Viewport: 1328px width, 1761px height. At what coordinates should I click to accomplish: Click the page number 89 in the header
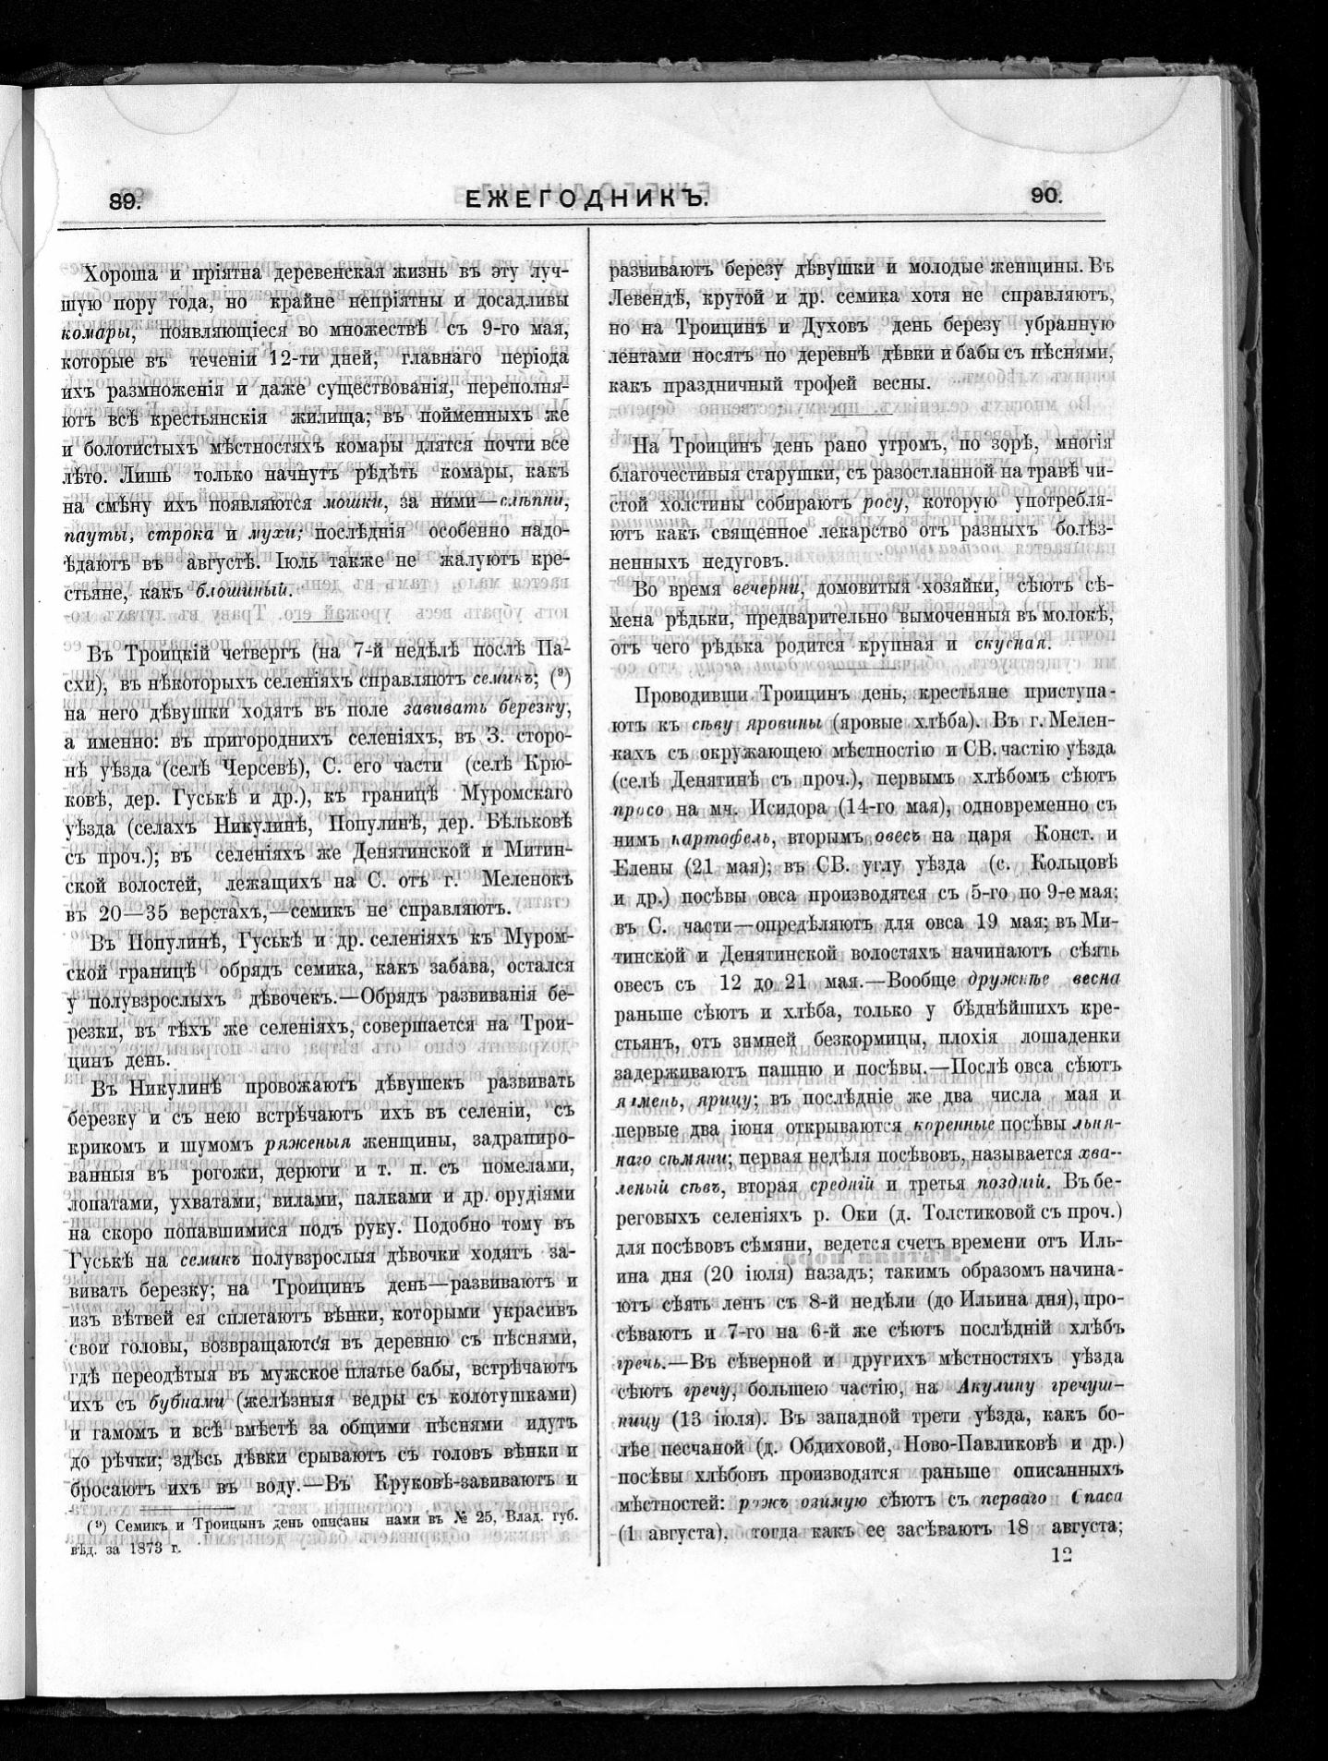[123, 199]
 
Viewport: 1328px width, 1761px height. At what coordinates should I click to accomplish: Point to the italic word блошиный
[252, 591]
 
